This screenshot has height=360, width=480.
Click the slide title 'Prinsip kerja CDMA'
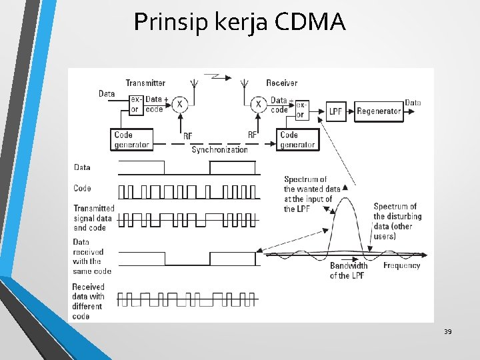pos(239,23)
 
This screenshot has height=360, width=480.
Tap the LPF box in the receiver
pos(336,111)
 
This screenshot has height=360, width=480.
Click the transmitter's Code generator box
pos(133,139)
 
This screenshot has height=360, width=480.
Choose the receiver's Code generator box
pos(297,139)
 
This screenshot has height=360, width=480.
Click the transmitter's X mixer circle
pos(179,103)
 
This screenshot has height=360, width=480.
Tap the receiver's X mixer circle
pos(258,103)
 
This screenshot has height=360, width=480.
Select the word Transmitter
pos(145,83)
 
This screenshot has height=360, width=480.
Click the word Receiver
pos(282,83)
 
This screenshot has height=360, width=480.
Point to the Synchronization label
pos(219,149)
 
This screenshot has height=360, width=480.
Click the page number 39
pos(447,331)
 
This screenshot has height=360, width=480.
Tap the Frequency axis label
pos(401,265)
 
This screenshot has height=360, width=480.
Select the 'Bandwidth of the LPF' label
pos(348,270)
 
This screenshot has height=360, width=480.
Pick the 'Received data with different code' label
pos(89,301)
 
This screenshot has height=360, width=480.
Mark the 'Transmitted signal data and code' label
pos(93,218)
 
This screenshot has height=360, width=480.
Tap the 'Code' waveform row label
pos(83,189)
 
